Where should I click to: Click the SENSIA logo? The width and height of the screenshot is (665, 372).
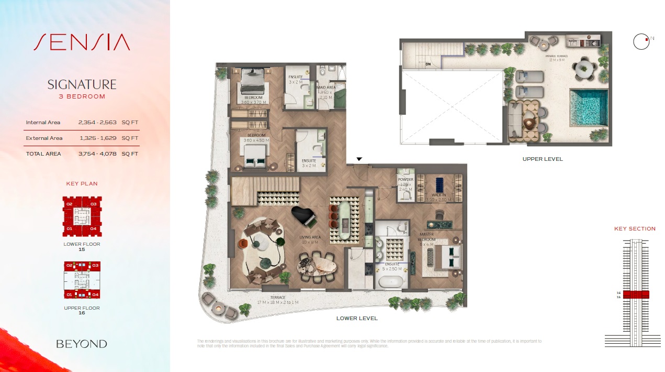82,42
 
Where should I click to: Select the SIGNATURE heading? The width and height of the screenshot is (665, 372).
82,84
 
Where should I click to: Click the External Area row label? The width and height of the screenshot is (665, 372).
44,138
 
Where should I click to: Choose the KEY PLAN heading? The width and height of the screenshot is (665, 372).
82,184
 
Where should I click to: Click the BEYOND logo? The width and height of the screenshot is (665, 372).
82,344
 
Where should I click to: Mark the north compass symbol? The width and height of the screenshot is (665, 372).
641,42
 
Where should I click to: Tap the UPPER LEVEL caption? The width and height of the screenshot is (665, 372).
543,159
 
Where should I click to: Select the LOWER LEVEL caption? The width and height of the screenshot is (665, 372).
357,319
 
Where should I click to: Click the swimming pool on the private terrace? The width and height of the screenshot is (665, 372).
588,108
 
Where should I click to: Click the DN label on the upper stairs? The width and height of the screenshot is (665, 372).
427,64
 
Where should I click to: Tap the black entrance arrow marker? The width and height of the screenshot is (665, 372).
359,159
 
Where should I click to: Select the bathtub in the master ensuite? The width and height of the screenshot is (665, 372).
391,281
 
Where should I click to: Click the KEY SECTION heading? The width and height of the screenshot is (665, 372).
635,229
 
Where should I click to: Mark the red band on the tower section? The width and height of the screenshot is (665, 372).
636,294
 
